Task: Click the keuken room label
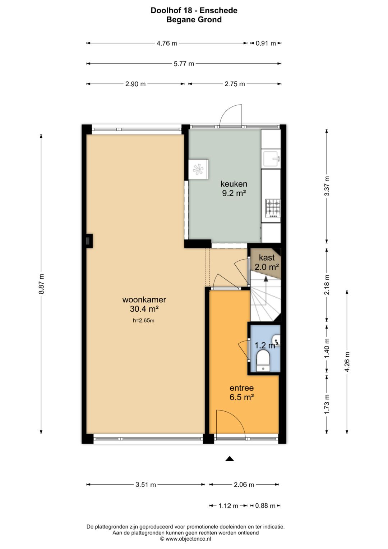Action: click(234, 184)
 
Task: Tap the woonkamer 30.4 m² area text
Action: click(144, 304)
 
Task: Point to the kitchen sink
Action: click(271, 159)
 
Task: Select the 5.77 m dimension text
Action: click(184, 64)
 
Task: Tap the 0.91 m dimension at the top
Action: click(265, 44)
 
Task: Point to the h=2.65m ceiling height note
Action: click(144, 320)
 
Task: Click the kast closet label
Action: click(267, 257)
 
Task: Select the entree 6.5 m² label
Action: click(241, 392)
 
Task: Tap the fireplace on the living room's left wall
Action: click(89, 241)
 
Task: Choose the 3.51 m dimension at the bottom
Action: click(146, 485)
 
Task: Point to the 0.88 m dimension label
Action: click(265, 505)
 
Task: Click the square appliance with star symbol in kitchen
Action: click(198, 169)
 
